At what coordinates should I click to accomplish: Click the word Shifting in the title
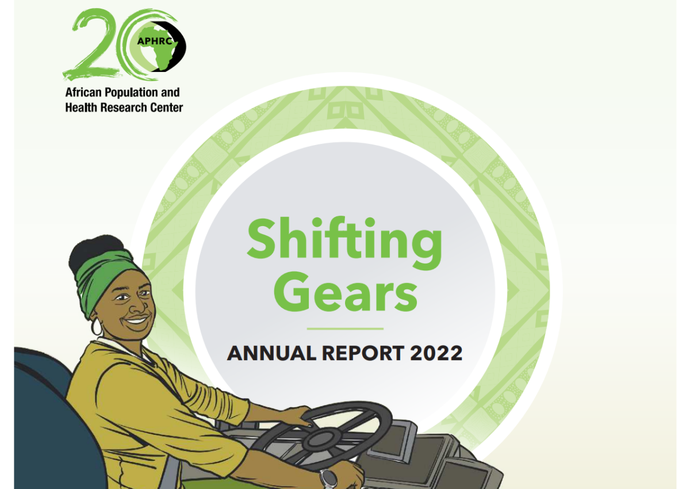[x=344, y=243]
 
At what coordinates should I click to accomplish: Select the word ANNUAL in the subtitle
[x=271, y=353]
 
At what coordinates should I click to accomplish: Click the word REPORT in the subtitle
[x=363, y=353]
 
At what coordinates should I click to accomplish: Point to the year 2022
[x=436, y=353]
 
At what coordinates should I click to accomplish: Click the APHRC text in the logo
[x=155, y=41]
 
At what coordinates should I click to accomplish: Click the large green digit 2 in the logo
[x=91, y=43]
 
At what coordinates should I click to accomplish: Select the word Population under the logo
[x=131, y=93]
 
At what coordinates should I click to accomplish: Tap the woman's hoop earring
[x=97, y=327]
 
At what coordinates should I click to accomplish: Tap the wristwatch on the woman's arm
[x=328, y=478]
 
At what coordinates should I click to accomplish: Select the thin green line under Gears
[x=345, y=328]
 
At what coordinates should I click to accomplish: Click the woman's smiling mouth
[x=136, y=320]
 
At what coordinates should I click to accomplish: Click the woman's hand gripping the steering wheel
[x=294, y=415]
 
